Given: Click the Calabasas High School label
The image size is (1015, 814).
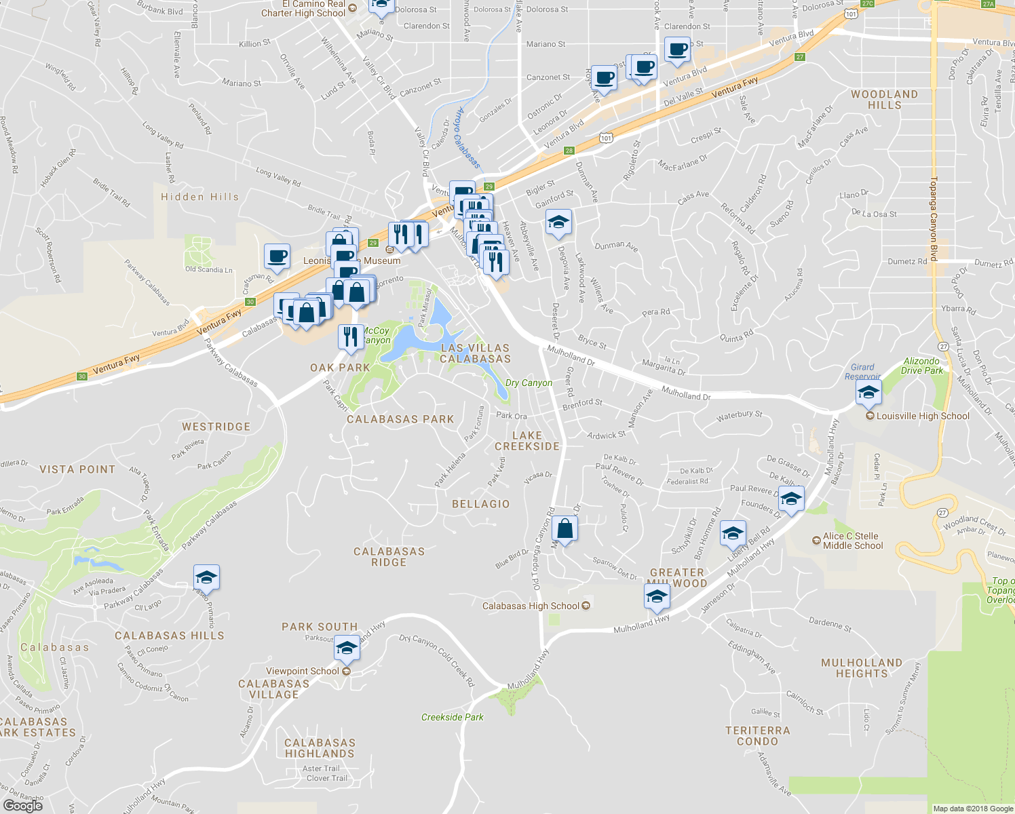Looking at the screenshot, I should tap(531, 606).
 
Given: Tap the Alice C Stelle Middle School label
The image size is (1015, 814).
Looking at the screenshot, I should tap(853, 541).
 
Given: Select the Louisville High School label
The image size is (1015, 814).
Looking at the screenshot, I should tap(923, 416).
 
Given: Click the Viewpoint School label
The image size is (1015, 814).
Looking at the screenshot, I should tap(303, 671).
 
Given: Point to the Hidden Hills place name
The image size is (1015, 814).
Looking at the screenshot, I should tap(200, 197).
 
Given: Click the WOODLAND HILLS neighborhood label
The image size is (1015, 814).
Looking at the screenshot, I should tap(884, 100).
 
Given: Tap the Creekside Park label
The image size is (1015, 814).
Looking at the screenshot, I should tap(453, 717).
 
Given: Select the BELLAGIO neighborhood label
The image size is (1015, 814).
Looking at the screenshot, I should tap(480, 504).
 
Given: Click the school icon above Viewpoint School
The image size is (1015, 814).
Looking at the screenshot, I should tap(347, 648).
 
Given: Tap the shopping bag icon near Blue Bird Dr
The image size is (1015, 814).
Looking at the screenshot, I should tap(564, 528).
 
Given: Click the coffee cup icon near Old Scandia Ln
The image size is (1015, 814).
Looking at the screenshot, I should tap(277, 256).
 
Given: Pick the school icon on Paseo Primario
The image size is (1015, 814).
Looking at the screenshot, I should tap(206, 577).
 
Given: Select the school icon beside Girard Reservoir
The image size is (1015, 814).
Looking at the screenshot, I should tap(868, 392).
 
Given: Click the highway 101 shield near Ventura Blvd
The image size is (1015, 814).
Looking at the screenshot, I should tap(606, 138).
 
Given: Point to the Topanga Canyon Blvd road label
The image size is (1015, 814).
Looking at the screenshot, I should tap(934, 218).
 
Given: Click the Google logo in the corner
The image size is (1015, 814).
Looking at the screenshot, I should tap(23, 806).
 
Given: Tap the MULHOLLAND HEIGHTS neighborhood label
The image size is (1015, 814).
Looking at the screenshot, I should tap(862, 668).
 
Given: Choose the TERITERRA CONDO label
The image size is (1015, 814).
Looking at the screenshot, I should tap(758, 736).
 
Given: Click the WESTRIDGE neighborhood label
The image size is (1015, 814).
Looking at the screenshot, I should tap(216, 427).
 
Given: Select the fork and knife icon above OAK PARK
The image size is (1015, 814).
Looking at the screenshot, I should tap(350, 336).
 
